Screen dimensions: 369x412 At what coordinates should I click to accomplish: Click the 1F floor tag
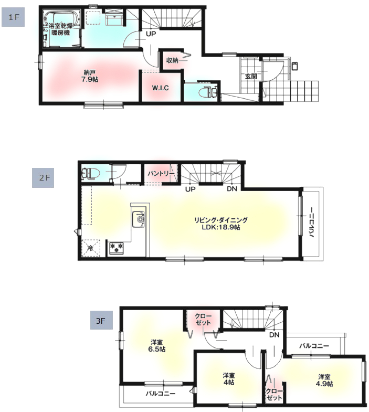[13, 17]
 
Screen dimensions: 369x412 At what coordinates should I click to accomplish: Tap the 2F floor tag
[43, 178]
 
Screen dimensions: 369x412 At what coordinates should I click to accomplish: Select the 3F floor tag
[101, 320]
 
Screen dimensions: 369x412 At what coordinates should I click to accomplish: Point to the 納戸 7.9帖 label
[90, 76]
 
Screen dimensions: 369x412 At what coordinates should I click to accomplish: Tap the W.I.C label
[160, 88]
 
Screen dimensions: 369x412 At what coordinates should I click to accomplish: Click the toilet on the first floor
[208, 92]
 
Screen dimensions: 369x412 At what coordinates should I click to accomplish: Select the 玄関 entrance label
[251, 77]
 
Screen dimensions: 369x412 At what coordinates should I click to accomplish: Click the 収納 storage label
[172, 60]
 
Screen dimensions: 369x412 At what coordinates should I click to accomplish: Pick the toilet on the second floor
[90, 174]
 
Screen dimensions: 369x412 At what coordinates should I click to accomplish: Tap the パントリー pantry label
[161, 174]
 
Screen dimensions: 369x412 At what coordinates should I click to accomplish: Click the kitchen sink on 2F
[138, 219]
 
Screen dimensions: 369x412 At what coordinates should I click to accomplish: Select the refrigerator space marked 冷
[90, 248]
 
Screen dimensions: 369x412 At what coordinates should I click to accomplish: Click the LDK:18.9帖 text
[221, 227]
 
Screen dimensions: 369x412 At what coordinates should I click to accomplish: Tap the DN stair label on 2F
[232, 188]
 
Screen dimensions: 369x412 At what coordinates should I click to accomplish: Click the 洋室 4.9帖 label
[324, 380]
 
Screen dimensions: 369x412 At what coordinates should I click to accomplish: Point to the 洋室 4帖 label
[229, 379]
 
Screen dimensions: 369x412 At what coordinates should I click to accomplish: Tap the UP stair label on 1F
[151, 34]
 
